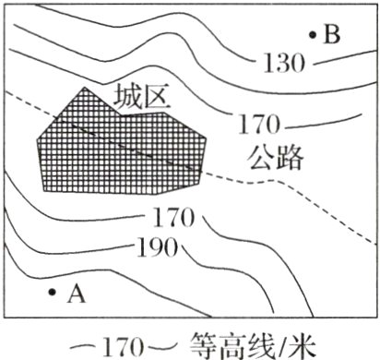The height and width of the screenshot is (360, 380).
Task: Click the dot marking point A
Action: (x=52, y=293)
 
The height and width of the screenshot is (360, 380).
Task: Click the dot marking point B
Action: (x=313, y=35)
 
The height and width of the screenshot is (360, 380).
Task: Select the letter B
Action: (x=333, y=36)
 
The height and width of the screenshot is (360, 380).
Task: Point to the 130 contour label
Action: (x=284, y=64)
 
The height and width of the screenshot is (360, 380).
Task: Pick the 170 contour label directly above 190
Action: (x=171, y=220)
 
